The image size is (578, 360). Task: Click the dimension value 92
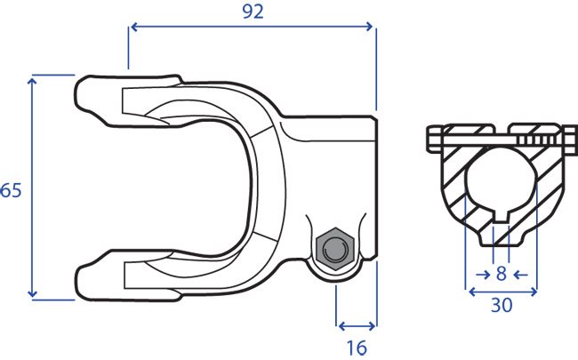click(x=253, y=12)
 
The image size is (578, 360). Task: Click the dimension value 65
click(x=11, y=190)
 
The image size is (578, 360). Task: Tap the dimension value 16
click(x=357, y=348)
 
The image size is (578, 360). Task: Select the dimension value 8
click(x=501, y=274)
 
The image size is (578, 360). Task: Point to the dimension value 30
click(x=502, y=305)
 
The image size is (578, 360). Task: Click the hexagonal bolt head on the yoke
click(x=334, y=249)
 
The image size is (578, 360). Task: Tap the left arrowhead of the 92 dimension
click(x=134, y=27)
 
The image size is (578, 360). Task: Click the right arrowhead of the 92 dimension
click(x=369, y=27)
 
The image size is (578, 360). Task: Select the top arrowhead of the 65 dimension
click(x=32, y=82)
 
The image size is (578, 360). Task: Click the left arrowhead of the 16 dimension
click(x=341, y=326)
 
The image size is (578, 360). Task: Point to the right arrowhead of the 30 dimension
click(x=533, y=292)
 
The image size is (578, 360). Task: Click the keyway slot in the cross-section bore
click(x=501, y=217)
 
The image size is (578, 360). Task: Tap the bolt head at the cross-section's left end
click(x=434, y=140)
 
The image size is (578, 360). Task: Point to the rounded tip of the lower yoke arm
click(x=80, y=280)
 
